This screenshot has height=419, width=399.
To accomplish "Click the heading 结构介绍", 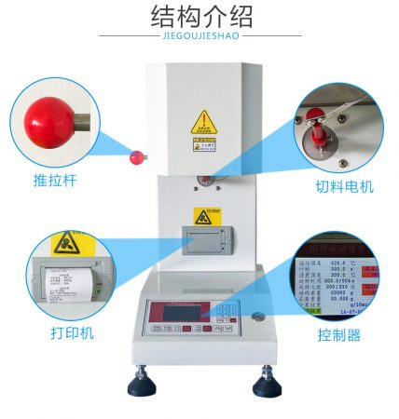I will [x=200, y=16].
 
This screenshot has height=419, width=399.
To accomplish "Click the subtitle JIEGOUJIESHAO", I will [x=199, y=37].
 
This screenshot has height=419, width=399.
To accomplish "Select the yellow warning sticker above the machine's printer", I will [x=202, y=216].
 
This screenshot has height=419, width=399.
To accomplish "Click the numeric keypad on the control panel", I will [x=225, y=316].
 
